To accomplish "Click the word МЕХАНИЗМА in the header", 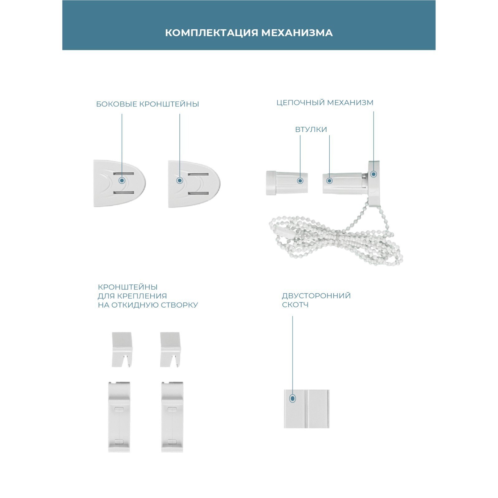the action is pos(297,33).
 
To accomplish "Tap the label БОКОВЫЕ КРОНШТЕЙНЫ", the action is pos(148,104).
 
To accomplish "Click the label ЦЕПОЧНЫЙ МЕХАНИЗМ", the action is pos(325,102).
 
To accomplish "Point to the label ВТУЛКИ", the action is pos(311,129).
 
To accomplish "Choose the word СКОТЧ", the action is pos(295,305).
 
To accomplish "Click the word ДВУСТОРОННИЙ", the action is pos(316,296).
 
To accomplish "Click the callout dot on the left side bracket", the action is pos(122,181).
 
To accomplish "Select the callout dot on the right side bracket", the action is pos(180,181).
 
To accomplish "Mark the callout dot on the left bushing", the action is pos(300,181).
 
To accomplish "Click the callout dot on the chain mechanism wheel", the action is pos(374,174).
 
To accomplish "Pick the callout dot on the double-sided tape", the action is pos(293,398).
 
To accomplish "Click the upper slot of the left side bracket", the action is pos(124,174).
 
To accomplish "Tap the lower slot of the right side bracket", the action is pos(198,194).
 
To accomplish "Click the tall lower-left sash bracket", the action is pos(119,417).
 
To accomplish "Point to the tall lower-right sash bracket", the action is pos(172,417).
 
